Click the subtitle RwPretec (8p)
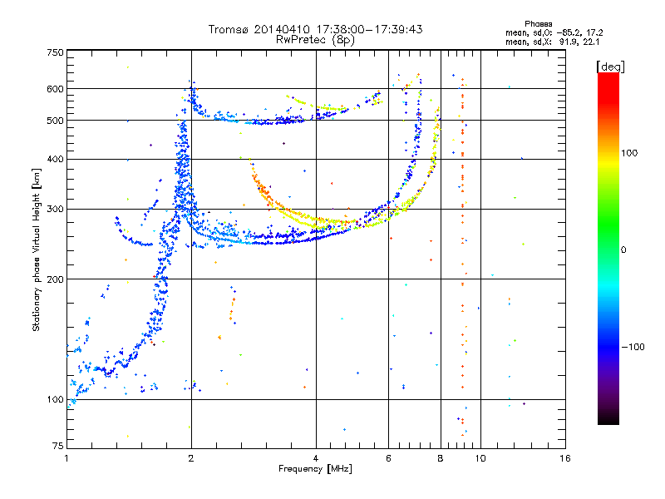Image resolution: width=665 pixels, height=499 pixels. (315, 40)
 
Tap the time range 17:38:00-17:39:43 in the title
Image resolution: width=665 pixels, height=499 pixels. (369, 29)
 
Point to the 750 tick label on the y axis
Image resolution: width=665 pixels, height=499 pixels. (55, 52)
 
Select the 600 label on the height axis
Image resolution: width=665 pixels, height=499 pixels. (55, 89)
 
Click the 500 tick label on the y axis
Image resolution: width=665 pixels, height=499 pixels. (55, 121)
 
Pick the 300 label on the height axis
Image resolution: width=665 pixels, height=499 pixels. (55, 210)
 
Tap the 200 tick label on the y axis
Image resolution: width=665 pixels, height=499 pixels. (55, 279)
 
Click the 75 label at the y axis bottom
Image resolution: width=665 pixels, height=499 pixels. (58, 446)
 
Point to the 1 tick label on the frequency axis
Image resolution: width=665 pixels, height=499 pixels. (66, 458)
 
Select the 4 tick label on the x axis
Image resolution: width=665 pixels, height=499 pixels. (316, 458)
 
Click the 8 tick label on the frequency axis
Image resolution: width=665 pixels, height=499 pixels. (441, 458)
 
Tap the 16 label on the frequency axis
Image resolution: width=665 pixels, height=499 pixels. (565, 458)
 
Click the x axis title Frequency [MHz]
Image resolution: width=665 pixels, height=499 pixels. (315, 469)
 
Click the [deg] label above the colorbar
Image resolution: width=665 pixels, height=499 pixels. (610, 67)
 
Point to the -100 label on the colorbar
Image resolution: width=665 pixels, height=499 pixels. (633, 347)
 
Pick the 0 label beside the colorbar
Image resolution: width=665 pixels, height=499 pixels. (623, 250)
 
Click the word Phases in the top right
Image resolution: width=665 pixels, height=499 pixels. (538, 24)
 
